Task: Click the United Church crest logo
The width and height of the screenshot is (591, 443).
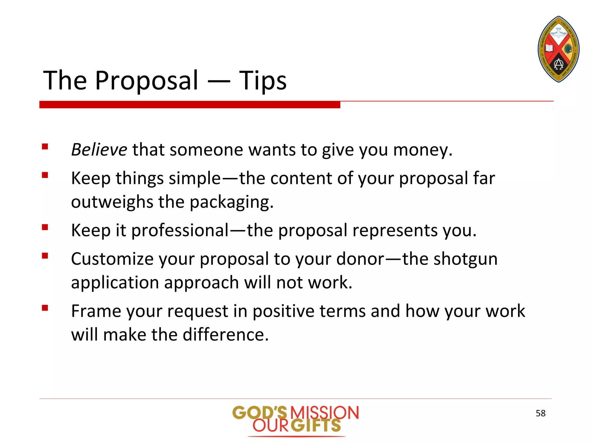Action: tap(558, 49)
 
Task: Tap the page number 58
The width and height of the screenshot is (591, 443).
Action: tap(540, 413)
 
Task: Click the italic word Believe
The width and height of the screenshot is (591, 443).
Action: tap(99, 150)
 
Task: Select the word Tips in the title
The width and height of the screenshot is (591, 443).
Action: tap(263, 80)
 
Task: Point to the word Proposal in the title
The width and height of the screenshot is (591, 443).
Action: tap(147, 80)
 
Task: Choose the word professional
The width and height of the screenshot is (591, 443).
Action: tap(180, 230)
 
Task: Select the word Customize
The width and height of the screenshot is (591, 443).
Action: tap(112, 259)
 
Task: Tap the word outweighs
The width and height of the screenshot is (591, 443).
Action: tap(112, 202)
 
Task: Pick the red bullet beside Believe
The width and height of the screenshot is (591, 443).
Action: tap(45, 147)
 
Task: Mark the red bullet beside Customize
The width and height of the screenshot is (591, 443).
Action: tap(45, 256)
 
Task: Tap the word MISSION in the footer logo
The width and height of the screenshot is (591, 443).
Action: tap(324, 412)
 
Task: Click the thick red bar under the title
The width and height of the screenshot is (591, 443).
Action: tap(190, 104)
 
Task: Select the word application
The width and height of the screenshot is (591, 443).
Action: tap(115, 282)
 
